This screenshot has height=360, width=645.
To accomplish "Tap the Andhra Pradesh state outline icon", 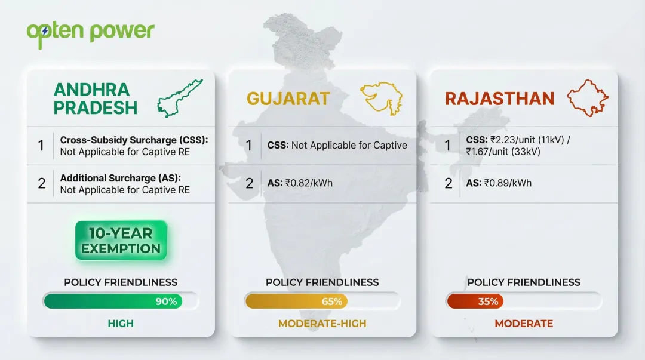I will [180, 98].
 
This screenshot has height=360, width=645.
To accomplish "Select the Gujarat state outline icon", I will [380, 98].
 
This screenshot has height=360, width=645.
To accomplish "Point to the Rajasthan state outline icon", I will [588, 98].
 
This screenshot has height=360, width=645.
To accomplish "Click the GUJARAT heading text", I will [288, 99].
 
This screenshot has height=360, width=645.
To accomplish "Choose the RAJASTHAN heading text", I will [500, 99].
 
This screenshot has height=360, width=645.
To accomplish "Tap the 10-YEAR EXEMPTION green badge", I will [121, 241].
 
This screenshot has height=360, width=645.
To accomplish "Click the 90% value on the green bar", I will [166, 301].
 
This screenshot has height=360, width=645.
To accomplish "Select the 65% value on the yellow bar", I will [332, 301].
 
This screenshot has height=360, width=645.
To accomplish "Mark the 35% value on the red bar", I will [488, 301].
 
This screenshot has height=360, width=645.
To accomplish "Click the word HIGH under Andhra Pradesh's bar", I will [121, 324].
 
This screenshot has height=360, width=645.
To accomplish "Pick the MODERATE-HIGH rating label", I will [322, 324].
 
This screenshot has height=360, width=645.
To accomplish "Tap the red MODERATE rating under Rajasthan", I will [524, 324].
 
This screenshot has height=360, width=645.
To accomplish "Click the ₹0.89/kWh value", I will [508, 183].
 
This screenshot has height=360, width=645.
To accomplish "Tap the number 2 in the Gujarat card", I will [250, 183].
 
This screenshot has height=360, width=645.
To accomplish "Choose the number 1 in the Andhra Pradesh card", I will [41, 145].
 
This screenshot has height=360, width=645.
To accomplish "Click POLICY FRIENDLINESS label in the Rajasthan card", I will [524, 282].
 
